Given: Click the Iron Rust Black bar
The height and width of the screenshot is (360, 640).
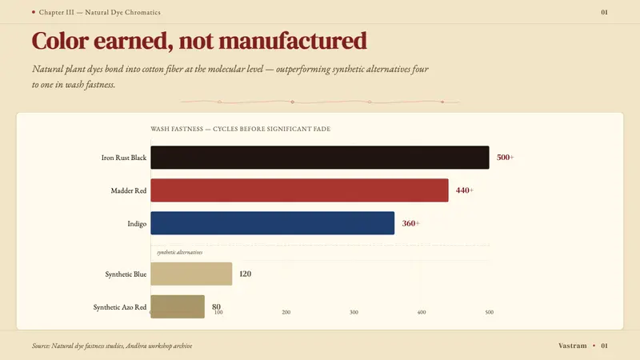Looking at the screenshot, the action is pos(319,158).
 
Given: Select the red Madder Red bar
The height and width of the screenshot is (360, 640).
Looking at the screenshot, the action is pos(299,190).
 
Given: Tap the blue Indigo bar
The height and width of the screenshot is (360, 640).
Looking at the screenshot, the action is pos(272,223).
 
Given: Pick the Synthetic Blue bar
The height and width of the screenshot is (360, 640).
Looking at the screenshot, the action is pos(191,274).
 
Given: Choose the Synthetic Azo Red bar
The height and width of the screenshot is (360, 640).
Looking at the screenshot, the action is pos(178,306).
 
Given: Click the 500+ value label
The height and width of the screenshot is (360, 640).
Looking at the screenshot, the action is pos(506,158).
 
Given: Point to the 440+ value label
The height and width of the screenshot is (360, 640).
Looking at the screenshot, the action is pos(465,190).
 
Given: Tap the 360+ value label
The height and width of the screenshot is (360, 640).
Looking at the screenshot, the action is pos(410,223).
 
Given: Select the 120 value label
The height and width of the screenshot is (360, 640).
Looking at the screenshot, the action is pos(245,274).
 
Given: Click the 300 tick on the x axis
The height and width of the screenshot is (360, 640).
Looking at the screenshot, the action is pos(354,312).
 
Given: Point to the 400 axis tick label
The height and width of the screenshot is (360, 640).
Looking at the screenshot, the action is pos(422,312).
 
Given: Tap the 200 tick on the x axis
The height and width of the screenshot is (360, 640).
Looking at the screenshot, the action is pos(286,312).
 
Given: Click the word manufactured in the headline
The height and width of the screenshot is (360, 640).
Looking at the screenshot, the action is pos(293,41).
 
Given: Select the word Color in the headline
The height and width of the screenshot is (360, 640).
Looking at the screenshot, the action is pos(61,41).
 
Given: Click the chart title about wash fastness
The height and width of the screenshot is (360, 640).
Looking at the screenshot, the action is pos(241,129).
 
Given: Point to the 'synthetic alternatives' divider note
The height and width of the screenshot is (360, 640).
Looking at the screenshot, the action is pos(179,252).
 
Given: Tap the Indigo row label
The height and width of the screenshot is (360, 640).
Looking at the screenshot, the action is pos(137,224).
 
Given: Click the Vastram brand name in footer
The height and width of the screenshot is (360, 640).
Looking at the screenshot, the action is pos(572,346).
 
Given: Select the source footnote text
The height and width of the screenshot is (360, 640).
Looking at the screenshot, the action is pos(112,346).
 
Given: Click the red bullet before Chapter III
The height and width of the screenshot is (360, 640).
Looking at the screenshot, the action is pos(34,12).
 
